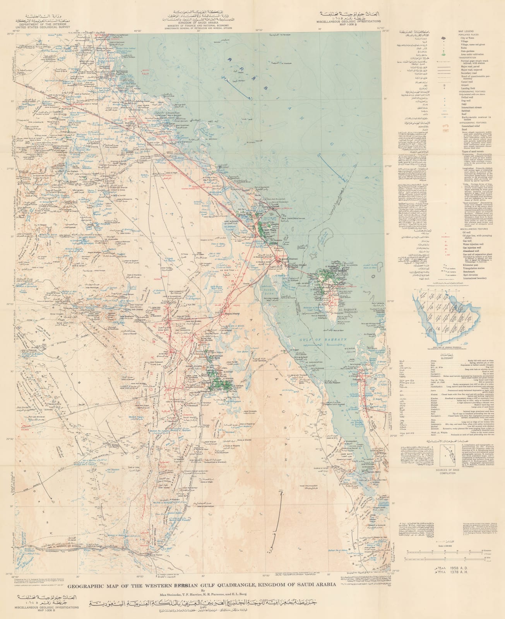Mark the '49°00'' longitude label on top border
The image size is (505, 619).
(x=138, y=29)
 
